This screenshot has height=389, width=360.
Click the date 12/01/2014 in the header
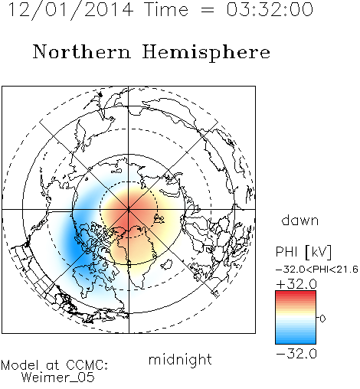pos(70,10)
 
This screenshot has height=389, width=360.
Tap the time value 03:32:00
pos(270,9)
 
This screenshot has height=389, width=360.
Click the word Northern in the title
pos(82,52)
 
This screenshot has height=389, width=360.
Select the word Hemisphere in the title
pos(206,53)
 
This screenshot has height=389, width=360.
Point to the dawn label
pos(300,220)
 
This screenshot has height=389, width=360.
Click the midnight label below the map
pos(180,359)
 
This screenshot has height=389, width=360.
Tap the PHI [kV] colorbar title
pos(303,252)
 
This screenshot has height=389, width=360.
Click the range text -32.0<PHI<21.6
pos(317,270)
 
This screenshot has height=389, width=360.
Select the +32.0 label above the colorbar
pos(296,284)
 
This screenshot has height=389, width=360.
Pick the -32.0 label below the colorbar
pos(296,354)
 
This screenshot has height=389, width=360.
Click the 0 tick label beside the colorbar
pos(322,319)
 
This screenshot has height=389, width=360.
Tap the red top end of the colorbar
pos(296,293)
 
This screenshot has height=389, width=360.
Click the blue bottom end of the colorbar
pos(296,342)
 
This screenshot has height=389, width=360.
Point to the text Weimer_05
pos(58,378)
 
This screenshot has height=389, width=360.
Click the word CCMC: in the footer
pos(87,365)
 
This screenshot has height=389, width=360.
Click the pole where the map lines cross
pos(129,209)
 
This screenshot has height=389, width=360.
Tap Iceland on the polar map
pos(166,264)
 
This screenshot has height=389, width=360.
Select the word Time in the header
pos(166,9)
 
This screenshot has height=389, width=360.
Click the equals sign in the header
pos(208,10)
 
